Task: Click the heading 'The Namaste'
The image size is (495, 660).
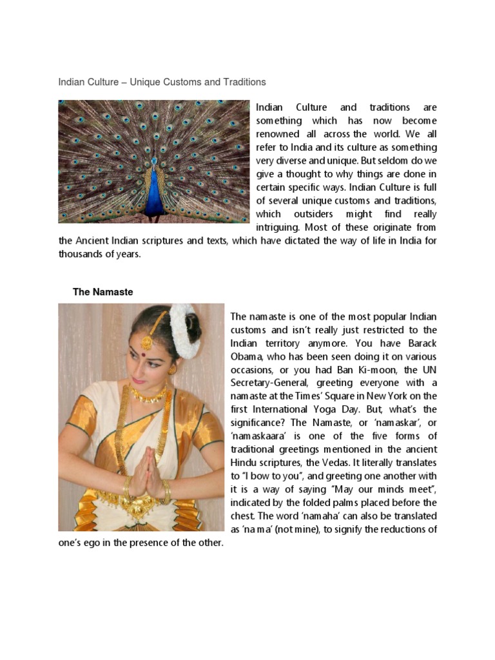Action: (x=103, y=292)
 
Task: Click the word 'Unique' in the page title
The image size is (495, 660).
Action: (x=144, y=82)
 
